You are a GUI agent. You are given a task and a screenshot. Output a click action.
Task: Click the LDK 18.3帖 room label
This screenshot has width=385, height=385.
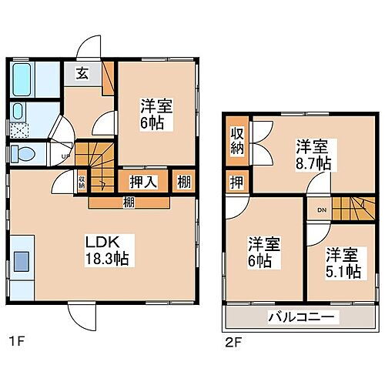point(102,247)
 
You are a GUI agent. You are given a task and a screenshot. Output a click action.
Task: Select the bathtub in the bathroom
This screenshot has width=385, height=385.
point(25,77)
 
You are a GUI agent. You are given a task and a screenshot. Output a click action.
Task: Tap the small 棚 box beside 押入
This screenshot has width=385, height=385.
point(183,182)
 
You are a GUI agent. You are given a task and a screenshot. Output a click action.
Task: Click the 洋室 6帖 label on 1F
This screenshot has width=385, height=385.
point(155,113)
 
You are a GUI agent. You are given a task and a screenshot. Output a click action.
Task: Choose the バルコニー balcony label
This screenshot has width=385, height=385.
point(300,316)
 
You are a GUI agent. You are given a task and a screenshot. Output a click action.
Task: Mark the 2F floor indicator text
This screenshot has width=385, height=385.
point(232,339)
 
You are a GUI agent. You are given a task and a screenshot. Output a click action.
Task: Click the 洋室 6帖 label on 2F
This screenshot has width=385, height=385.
point(263,253)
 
